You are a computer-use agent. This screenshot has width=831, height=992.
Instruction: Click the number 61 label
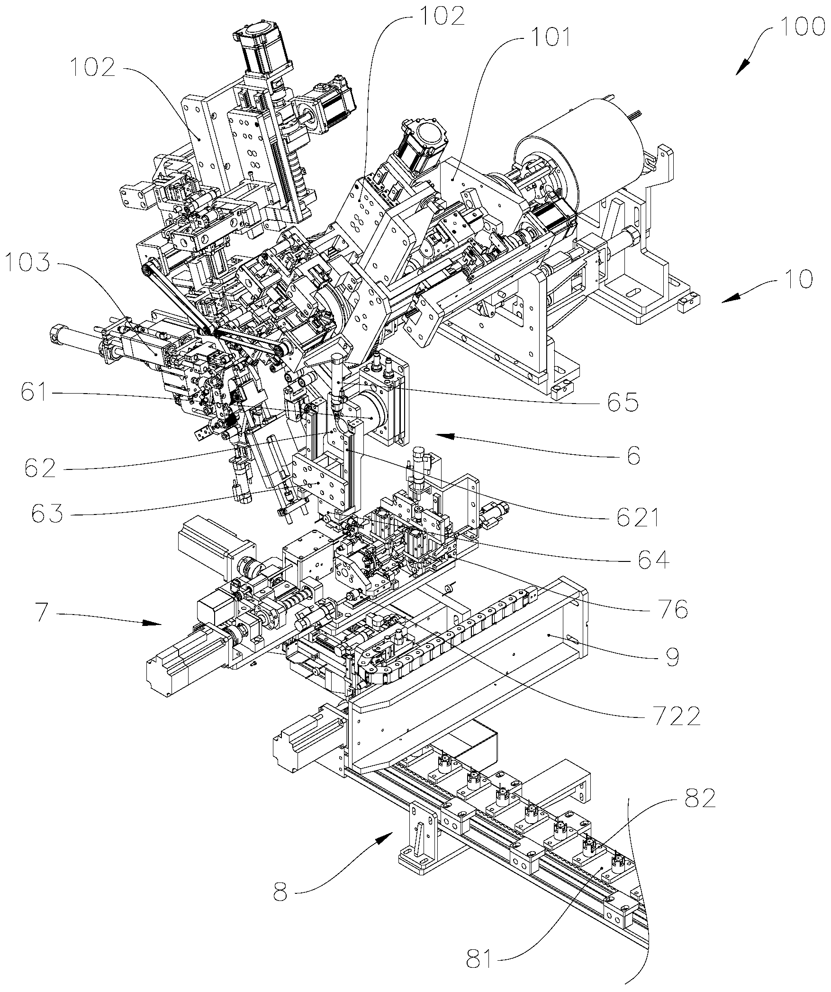(34, 394)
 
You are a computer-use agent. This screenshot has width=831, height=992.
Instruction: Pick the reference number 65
(619, 401)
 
